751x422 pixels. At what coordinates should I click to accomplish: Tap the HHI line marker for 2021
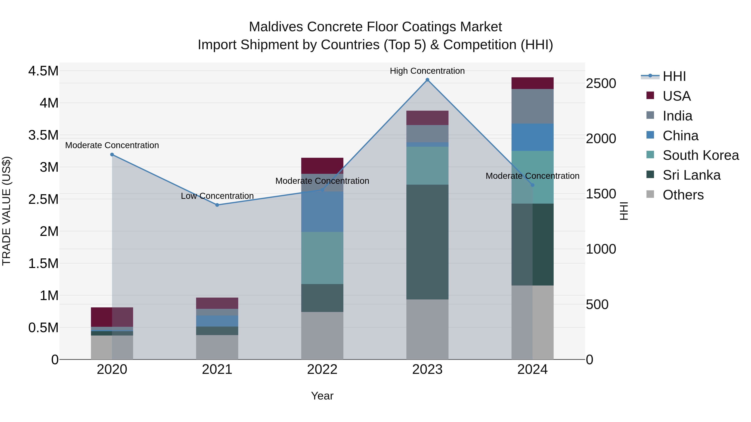click(217, 205)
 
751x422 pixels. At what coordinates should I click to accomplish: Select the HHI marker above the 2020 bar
click(112, 155)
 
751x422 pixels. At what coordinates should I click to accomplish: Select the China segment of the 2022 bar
click(322, 212)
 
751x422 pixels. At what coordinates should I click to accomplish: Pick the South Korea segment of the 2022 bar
click(322, 258)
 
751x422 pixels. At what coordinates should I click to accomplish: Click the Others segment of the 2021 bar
click(217, 347)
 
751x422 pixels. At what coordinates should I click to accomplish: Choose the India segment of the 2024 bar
click(532, 106)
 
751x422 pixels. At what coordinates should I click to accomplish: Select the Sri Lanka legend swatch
click(650, 175)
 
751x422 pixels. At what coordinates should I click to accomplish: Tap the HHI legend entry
click(674, 76)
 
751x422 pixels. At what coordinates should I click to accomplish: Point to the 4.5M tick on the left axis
click(43, 71)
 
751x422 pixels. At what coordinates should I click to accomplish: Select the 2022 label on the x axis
click(322, 369)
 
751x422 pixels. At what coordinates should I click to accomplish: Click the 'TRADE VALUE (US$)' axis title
click(6, 211)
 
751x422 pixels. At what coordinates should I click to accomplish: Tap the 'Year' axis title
click(322, 396)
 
